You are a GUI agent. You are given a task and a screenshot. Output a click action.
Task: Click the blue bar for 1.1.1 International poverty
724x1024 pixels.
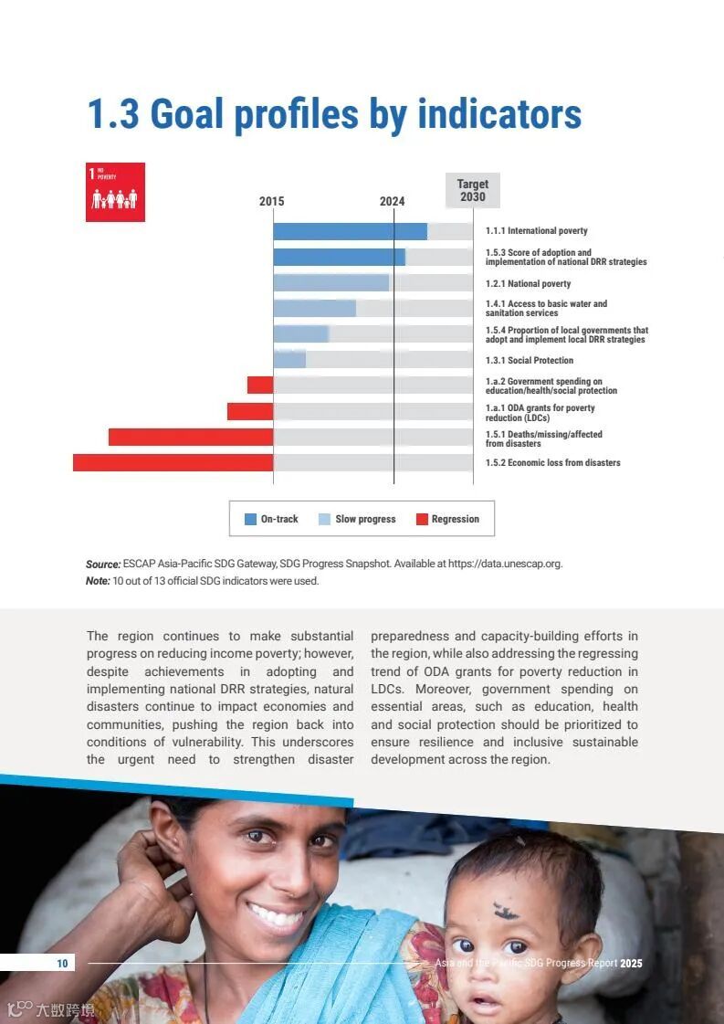350,231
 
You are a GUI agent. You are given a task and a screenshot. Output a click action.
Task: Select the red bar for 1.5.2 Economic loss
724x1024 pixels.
173,463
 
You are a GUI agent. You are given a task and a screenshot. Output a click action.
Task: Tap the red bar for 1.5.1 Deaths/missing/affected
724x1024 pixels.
190,437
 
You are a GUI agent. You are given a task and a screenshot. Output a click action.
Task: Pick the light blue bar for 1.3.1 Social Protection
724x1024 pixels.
289,360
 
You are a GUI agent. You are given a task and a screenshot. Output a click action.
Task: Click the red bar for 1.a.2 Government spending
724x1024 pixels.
260,385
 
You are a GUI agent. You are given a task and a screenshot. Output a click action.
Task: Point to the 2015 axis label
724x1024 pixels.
271,202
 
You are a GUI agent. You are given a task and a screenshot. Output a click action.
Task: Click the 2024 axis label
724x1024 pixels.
393,202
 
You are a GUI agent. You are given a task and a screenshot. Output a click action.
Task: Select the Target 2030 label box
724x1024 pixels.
473,190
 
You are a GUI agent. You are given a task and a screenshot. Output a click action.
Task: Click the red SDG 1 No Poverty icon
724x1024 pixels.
115,192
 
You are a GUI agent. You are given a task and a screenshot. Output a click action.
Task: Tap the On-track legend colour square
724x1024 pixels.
250,519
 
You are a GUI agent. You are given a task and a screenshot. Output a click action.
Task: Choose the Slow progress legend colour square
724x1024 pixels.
324,519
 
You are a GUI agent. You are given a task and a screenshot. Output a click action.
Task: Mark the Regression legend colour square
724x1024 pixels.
422,519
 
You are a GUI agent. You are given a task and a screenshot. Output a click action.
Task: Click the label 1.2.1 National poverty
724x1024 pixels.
528,284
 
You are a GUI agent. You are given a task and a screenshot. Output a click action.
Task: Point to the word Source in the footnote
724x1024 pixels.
103,564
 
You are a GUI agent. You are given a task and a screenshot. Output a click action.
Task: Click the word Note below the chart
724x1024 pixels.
98,581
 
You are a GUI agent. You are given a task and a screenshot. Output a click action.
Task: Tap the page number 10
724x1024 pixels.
62,963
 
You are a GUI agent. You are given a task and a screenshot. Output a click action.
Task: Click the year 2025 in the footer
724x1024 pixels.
631,964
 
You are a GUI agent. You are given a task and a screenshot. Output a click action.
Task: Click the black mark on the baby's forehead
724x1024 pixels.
501,910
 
